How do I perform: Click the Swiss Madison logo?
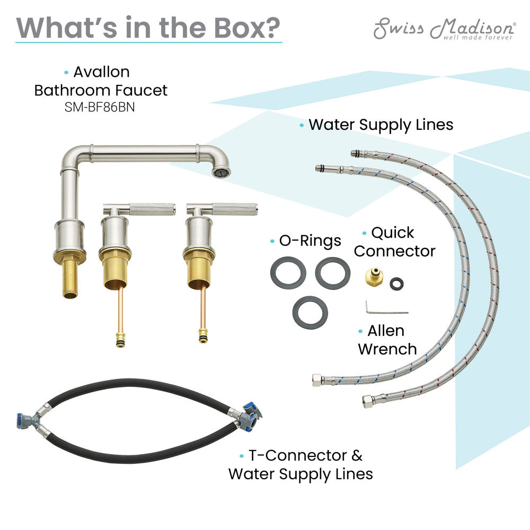445,29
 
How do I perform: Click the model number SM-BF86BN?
100,107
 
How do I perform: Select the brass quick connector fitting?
375,277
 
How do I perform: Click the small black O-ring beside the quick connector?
396,284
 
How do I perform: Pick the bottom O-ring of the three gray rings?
310,312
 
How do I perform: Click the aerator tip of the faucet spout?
222,171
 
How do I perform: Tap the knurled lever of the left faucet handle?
153,209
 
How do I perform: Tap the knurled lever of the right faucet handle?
235,209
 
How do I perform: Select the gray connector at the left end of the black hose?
28,421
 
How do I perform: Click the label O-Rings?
310,241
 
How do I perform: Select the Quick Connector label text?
395,242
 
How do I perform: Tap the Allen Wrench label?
387,340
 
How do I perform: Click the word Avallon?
101,72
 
